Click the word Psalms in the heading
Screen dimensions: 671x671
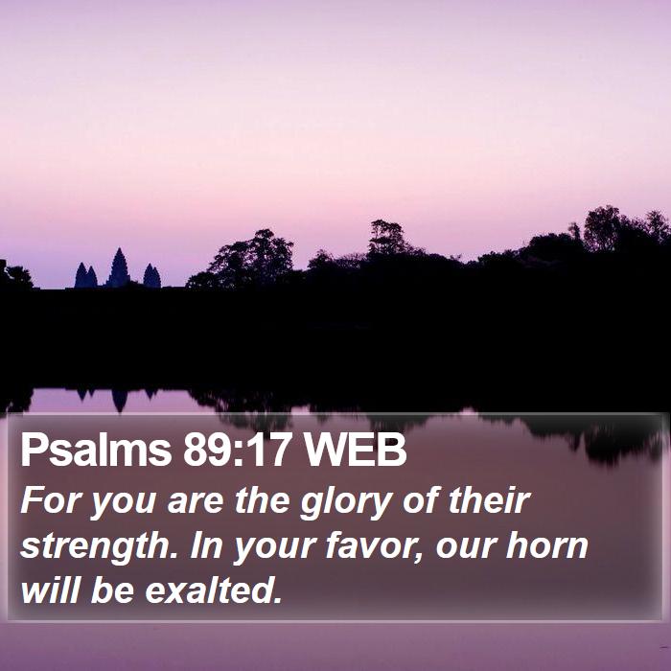(x=96, y=451)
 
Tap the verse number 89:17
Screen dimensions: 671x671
(x=237, y=450)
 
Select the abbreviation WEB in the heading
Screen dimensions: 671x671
(x=355, y=450)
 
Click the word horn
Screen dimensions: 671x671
(x=547, y=544)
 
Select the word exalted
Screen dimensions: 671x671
(x=214, y=590)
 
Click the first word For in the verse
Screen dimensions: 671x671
(x=50, y=499)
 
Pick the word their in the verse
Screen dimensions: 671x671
(x=489, y=499)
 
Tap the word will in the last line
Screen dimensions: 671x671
(x=52, y=590)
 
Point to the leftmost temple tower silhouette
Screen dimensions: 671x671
(x=85, y=276)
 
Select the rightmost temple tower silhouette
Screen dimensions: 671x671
(x=151, y=276)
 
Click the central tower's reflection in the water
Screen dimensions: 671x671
(x=120, y=401)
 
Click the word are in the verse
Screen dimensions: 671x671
(x=196, y=502)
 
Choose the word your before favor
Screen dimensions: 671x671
(x=275, y=548)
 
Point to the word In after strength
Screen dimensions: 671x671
(x=206, y=544)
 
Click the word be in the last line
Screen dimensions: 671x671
(x=112, y=590)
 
